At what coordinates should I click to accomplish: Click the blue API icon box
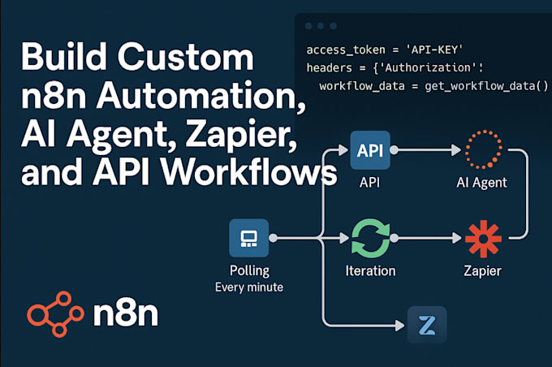click(x=370, y=150)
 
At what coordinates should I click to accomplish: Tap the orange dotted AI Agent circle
click(x=485, y=150)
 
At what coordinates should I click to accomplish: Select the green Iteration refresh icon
click(x=370, y=239)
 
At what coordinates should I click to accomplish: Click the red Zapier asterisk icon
click(x=484, y=239)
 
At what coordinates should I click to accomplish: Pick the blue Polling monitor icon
click(x=249, y=238)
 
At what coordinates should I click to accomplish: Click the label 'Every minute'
click(x=249, y=287)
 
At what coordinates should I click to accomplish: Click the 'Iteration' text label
click(x=370, y=270)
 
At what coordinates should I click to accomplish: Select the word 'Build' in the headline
click(x=61, y=59)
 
